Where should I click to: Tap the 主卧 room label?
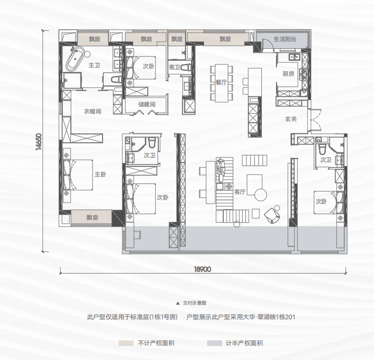pos(100,174)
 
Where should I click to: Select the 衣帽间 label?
pos(92,112)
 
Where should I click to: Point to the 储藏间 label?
pos(147,104)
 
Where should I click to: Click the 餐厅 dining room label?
pos(221,82)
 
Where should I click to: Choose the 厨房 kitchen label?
pos(288,74)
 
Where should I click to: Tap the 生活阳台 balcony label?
pos(285,39)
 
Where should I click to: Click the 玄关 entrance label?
pos(291,119)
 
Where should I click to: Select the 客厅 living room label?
pos(240,192)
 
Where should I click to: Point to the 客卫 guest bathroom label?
pos(174,67)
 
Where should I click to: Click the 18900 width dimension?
pos(202,269)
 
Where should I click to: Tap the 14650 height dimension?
pos(39,142)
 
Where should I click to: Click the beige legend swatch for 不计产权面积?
pos(126,343)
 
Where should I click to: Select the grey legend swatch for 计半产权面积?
pos(215,343)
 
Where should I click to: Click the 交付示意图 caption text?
pos(195,303)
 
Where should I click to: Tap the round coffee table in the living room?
pos(260,195)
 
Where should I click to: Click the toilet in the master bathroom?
pos(116,79)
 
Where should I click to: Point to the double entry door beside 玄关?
pos(314,121)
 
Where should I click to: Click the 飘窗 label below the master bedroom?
pos(92,218)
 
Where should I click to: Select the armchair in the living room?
pos(272,215)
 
